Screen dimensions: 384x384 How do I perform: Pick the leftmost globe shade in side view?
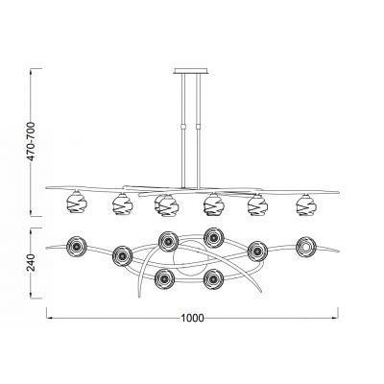coord(73,204)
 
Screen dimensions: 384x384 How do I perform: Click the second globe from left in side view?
coord(121,204)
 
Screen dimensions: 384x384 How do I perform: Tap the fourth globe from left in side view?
coord(212,204)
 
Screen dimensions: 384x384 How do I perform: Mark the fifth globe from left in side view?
coord(257,204)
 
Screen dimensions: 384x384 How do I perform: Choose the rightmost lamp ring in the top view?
coord(305,246)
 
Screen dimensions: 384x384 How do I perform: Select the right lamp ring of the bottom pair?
coord(212,279)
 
